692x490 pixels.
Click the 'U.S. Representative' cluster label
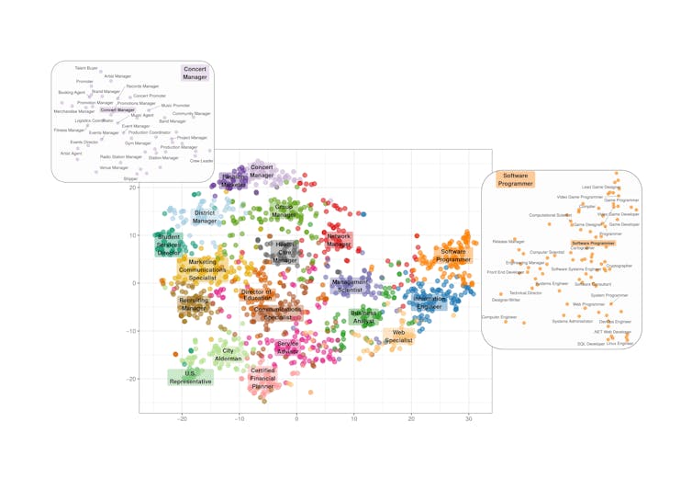click(x=190, y=377)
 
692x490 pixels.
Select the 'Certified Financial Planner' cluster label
click(x=262, y=379)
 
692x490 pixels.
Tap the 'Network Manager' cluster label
click(x=339, y=241)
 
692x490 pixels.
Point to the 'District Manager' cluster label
click(x=205, y=217)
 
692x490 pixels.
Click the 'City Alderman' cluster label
click(x=229, y=354)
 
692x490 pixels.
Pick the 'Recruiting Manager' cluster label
click(x=194, y=303)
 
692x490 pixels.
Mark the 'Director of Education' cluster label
click(x=256, y=295)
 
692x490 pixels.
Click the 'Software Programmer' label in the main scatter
click(x=453, y=256)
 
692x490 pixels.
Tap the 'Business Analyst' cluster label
click(x=363, y=317)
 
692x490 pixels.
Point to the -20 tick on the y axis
click(x=132, y=379)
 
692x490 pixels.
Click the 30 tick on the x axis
click(x=469, y=419)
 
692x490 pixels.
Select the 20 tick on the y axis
click(x=132, y=188)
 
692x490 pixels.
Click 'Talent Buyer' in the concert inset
click(x=86, y=68)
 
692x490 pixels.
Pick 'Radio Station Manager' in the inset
click(x=121, y=157)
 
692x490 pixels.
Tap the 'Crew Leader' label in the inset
click(x=201, y=161)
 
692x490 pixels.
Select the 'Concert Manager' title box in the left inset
click(x=195, y=73)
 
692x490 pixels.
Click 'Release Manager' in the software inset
click(x=508, y=242)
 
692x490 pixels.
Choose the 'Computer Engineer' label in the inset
click(x=499, y=317)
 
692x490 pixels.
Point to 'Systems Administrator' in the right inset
click(x=573, y=322)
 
